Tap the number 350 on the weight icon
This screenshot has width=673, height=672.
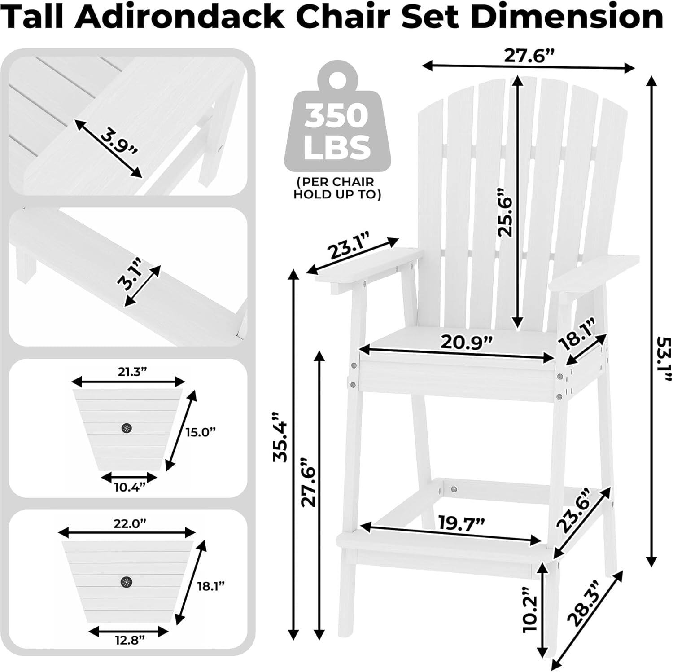point(336,116)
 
